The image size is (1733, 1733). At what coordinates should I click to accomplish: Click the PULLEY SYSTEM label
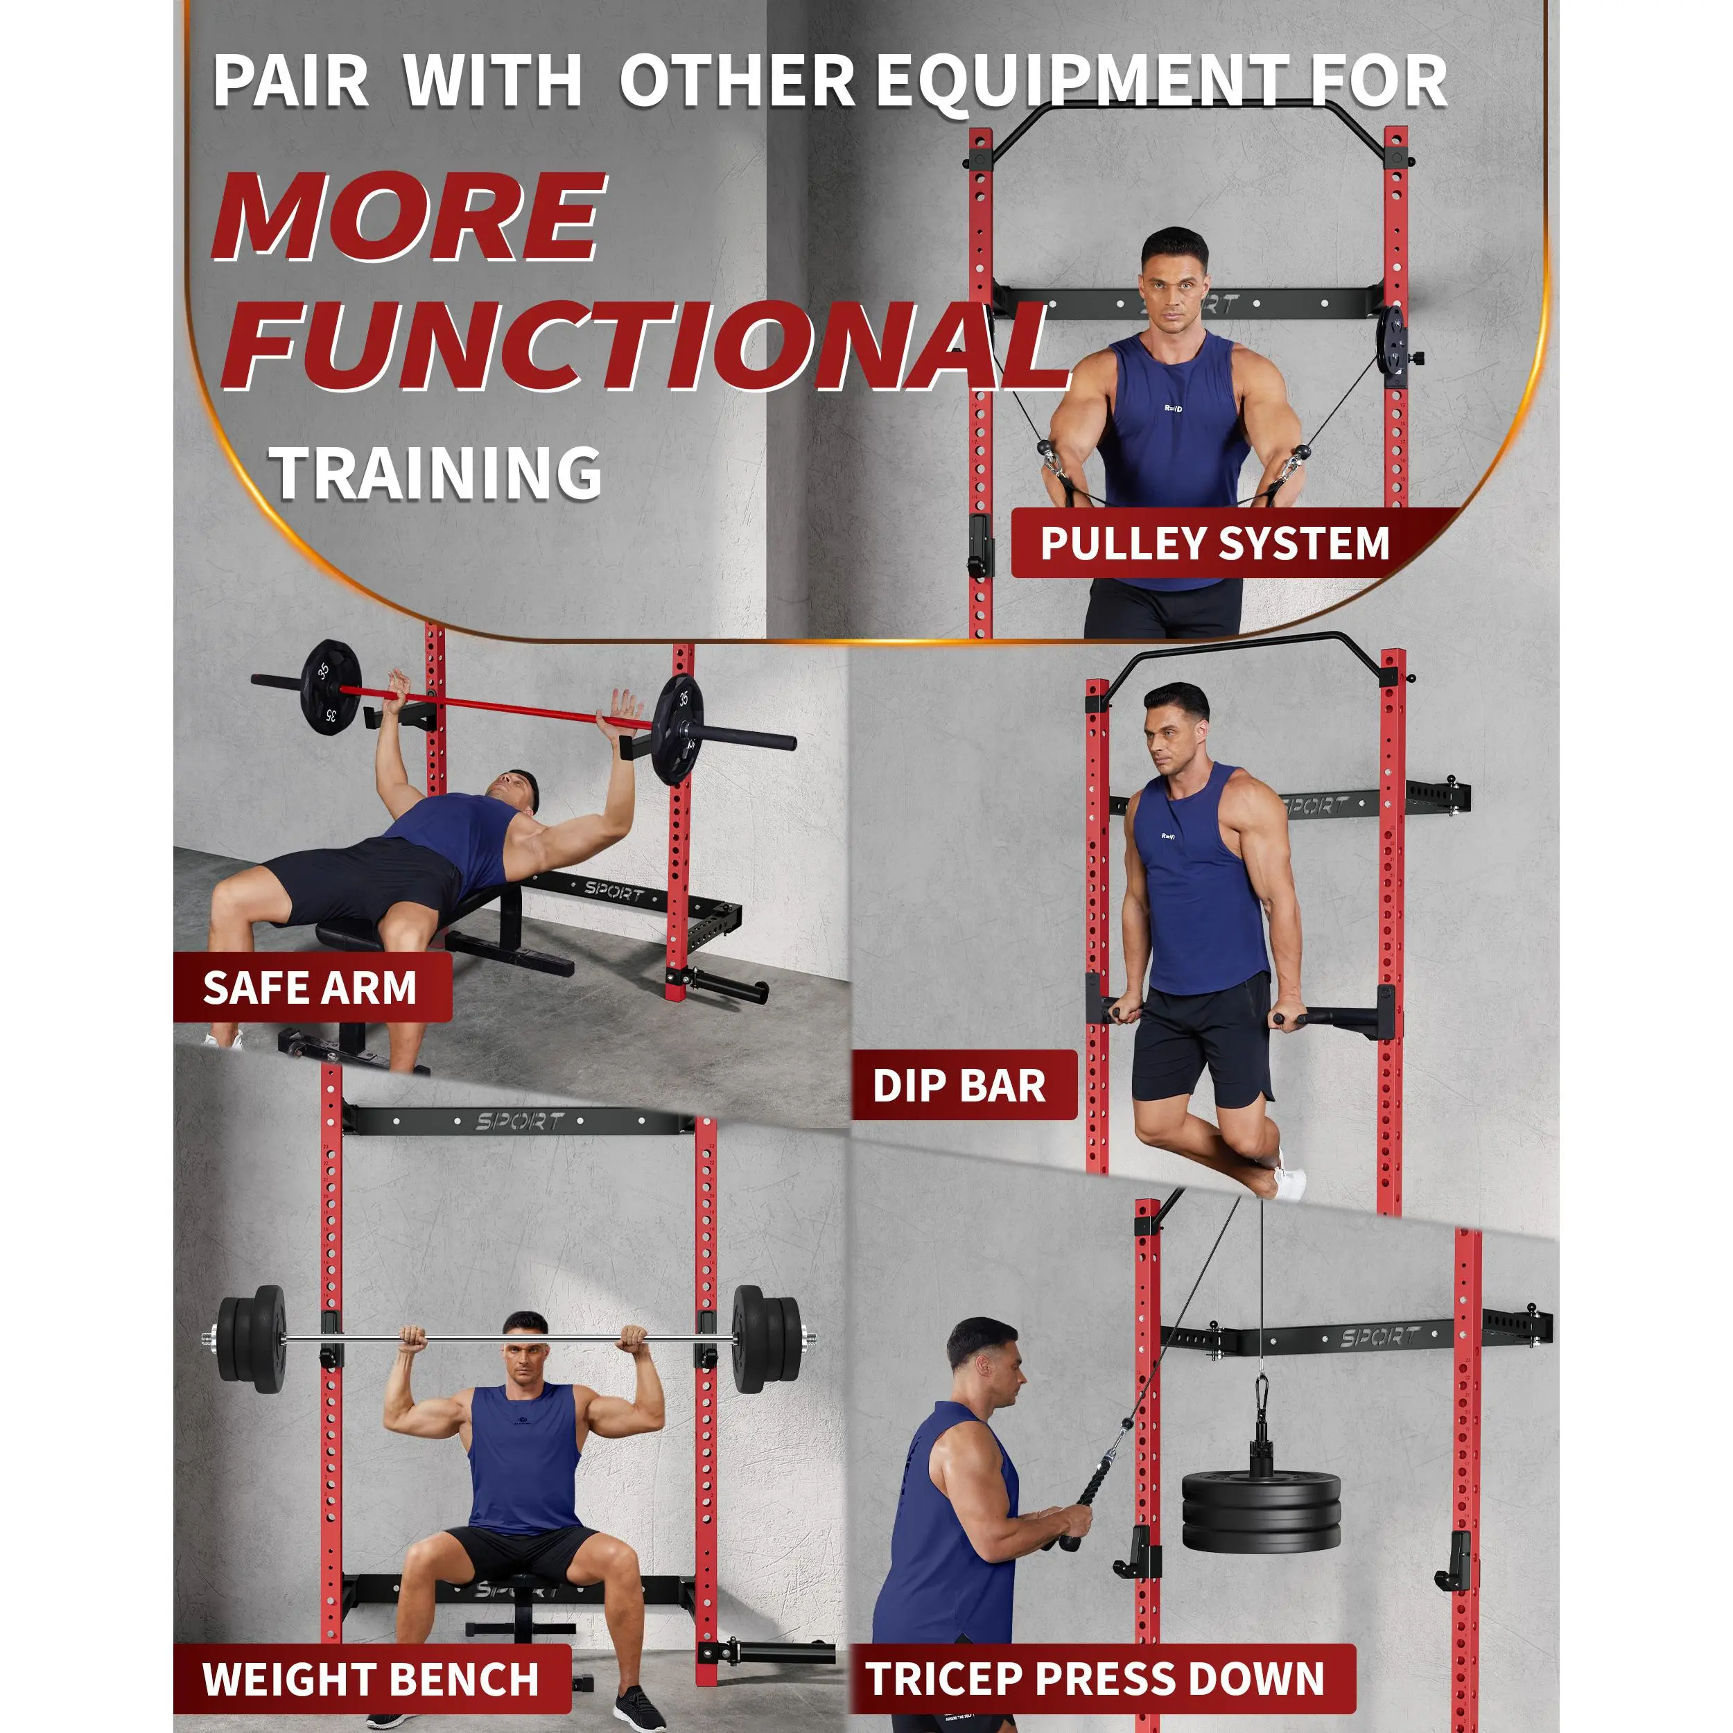coord(1214,543)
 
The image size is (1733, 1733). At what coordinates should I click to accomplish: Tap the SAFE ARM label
coord(311,988)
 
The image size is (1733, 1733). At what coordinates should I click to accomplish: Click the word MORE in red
coord(408,216)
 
